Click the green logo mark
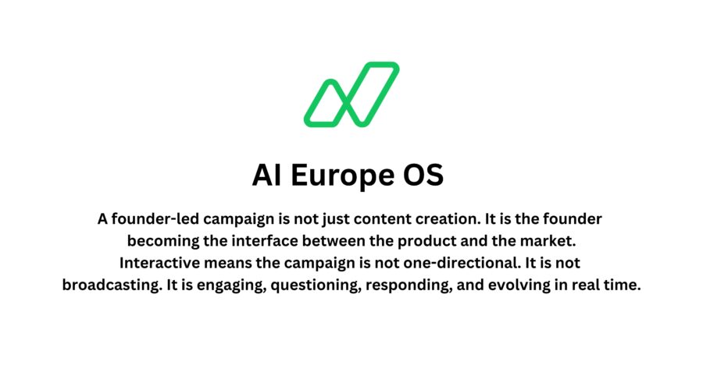tap(351, 94)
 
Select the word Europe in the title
tap(343, 175)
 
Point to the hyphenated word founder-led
tap(151, 219)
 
